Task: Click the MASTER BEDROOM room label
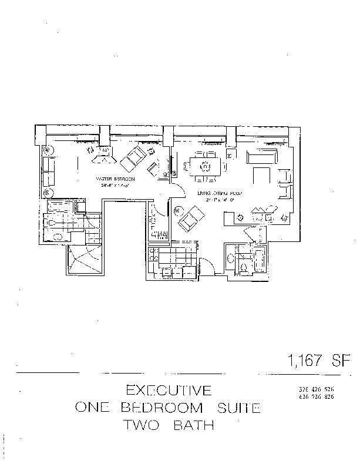click(x=116, y=179)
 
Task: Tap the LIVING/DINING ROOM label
click(x=212, y=194)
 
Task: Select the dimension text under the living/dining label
click(x=213, y=200)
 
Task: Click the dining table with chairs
click(x=204, y=166)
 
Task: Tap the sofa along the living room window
click(x=263, y=156)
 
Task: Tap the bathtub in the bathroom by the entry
click(x=259, y=260)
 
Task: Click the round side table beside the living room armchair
click(x=176, y=209)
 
